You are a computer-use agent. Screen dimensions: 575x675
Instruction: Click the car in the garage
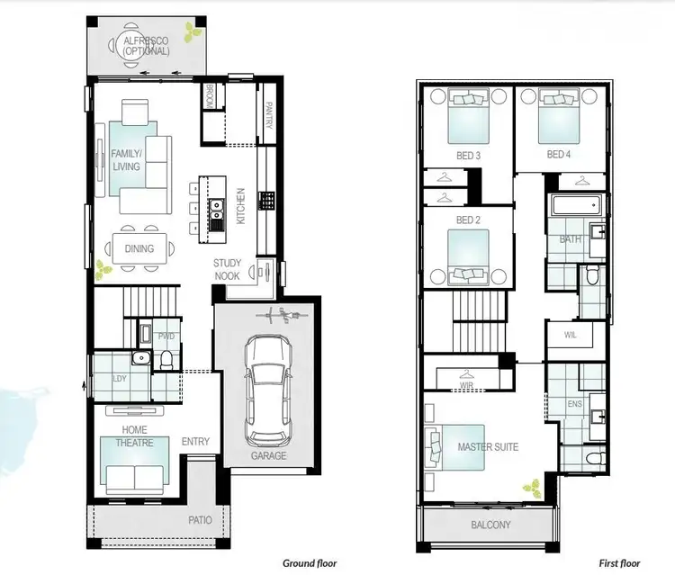(268, 389)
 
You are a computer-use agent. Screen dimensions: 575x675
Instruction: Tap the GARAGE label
(268, 455)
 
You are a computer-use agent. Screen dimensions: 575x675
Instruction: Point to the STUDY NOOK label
(227, 269)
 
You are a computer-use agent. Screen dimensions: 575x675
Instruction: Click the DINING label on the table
(139, 249)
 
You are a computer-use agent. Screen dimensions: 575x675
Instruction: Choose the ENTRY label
(195, 442)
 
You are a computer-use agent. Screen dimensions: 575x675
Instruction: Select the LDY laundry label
(119, 378)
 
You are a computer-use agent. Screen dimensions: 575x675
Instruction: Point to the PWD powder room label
(166, 337)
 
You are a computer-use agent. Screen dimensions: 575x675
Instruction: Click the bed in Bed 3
(468, 119)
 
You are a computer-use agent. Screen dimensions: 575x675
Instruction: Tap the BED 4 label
(559, 155)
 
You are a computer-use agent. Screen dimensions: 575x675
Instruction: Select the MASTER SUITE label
(488, 446)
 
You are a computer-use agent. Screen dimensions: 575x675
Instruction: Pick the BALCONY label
(490, 526)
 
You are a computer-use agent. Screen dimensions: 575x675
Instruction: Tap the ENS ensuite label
(574, 404)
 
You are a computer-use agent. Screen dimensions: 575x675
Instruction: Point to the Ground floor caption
(309, 563)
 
